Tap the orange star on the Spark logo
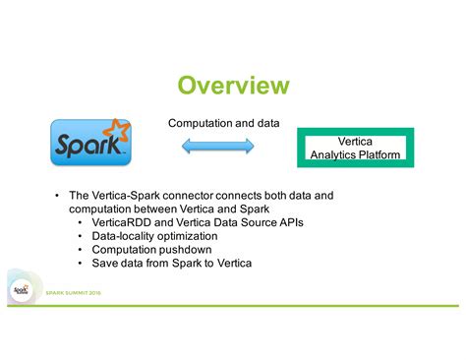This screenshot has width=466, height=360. point(118,129)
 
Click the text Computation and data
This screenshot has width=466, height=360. point(223,123)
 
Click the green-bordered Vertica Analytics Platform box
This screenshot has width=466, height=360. point(355,148)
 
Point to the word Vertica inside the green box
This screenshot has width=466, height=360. point(355,142)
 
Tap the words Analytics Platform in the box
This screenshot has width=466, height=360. point(355,154)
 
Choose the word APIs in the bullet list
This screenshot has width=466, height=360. point(288,223)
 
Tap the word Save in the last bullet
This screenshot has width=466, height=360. point(106,264)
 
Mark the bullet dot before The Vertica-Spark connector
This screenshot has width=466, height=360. point(57,196)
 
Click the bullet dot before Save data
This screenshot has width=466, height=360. point(82,264)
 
